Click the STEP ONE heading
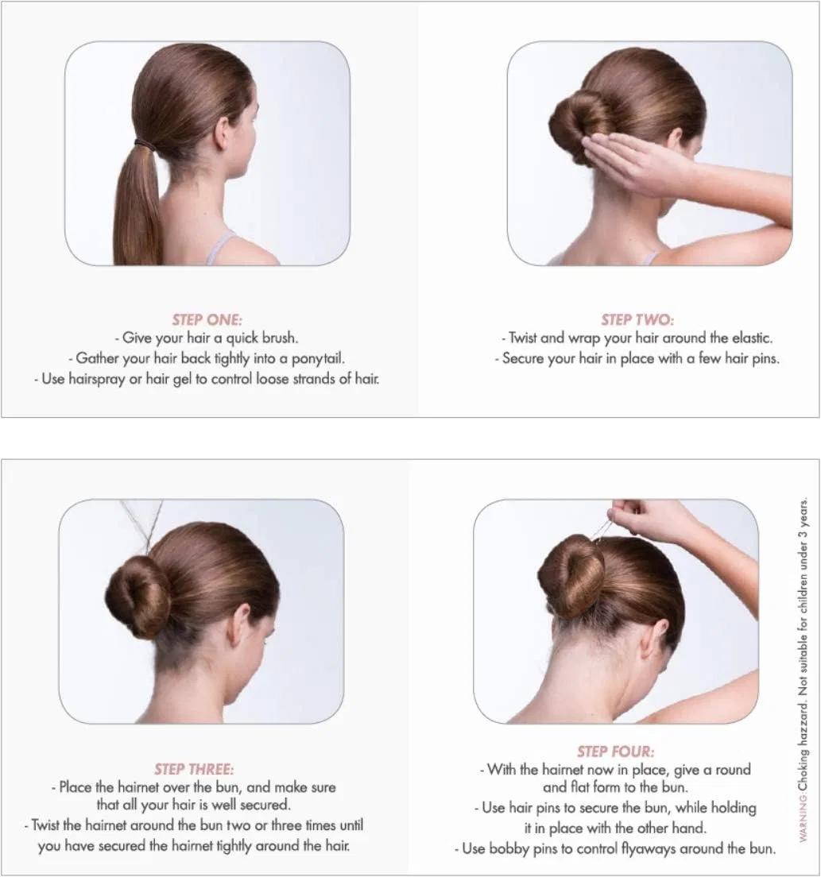coord(207,320)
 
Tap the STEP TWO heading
coord(637,320)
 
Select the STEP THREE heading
coord(194,769)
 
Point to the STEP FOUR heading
coord(616,751)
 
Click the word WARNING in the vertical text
coord(804,821)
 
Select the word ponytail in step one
coord(318,358)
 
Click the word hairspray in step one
coord(96,379)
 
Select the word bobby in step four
coord(508,849)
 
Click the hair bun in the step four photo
coord(571,576)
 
